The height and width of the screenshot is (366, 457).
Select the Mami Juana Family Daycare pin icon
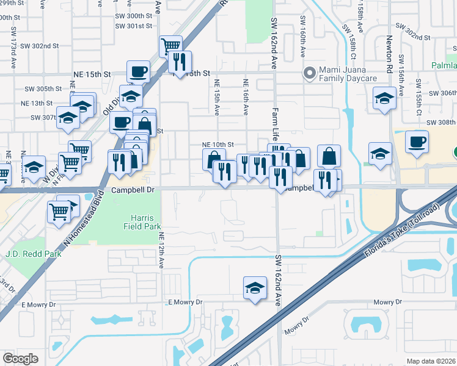310,74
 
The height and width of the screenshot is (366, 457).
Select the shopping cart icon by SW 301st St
170,46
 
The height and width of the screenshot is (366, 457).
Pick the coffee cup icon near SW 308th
417,143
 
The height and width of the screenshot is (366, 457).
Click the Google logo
20,359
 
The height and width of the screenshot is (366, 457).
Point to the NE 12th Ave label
162,250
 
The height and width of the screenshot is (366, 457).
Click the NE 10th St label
218,145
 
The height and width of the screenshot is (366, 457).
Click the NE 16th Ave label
246,97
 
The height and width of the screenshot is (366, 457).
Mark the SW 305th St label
44,88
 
